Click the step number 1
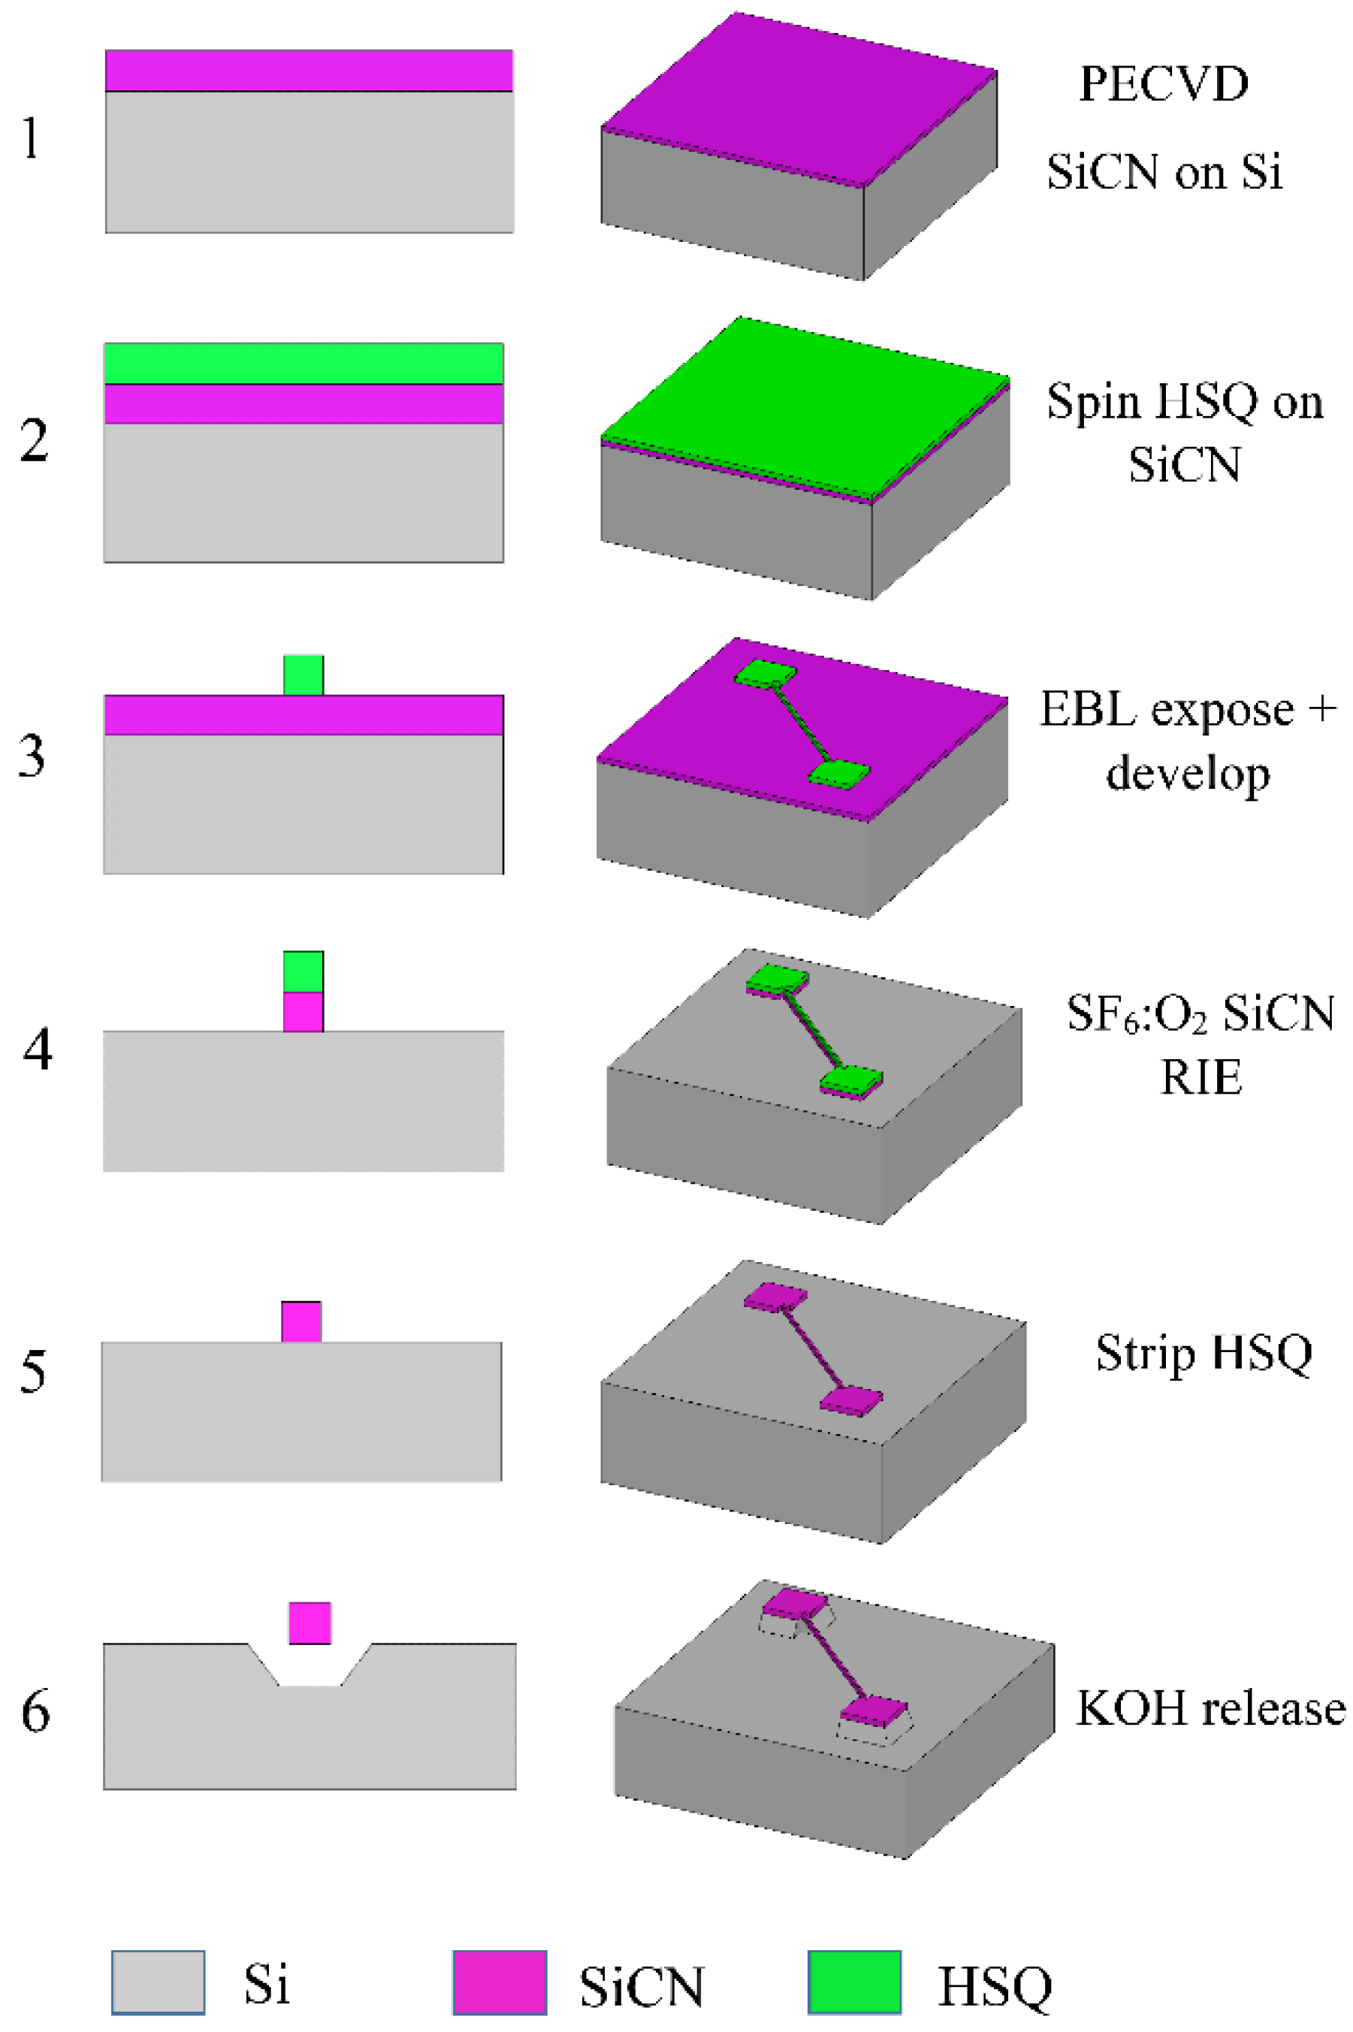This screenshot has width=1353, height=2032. click(31, 138)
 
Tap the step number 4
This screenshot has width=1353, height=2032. click(37, 1050)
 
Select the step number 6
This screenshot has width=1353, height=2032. click(35, 1710)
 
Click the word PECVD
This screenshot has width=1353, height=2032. click(1163, 85)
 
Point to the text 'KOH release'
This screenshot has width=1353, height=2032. click(1210, 1707)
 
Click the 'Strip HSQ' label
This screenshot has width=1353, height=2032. click(1204, 1352)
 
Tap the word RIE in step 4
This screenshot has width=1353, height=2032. click(1200, 1076)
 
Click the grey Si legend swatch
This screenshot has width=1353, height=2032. click(158, 1982)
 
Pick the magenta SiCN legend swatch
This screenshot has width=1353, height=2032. click(500, 1982)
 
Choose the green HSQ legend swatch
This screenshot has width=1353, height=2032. click(854, 1982)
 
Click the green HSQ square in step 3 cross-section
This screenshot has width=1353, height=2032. click(304, 675)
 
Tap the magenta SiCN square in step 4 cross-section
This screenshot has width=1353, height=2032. click(304, 1011)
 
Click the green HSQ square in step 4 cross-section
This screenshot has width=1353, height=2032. click(304, 971)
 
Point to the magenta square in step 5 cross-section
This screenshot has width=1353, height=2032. click(301, 1322)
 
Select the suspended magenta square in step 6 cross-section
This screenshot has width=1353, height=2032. click(310, 1623)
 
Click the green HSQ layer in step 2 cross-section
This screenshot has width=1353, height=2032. click(304, 364)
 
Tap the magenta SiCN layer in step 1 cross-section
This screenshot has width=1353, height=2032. click(309, 71)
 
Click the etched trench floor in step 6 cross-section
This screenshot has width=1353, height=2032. click(310, 1683)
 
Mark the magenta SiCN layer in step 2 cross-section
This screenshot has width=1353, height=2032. click(304, 404)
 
